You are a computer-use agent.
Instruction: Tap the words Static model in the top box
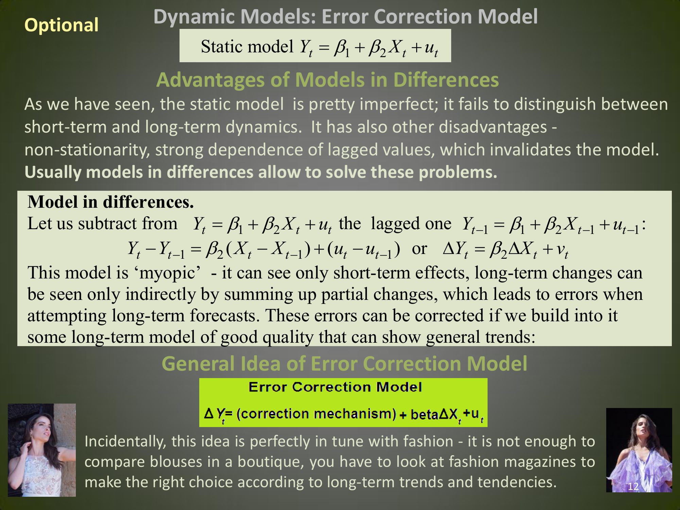(247, 46)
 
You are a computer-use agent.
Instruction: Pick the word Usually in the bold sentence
(53, 172)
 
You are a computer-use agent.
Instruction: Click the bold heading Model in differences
(111, 202)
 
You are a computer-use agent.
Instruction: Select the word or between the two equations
(419, 249)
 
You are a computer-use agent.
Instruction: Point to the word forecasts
(225, 316)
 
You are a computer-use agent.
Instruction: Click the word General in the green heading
(198, 364)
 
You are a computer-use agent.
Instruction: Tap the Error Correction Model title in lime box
(335, 387)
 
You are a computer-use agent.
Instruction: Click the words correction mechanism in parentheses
(316, 414)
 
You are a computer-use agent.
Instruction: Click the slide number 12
(633, 487)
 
